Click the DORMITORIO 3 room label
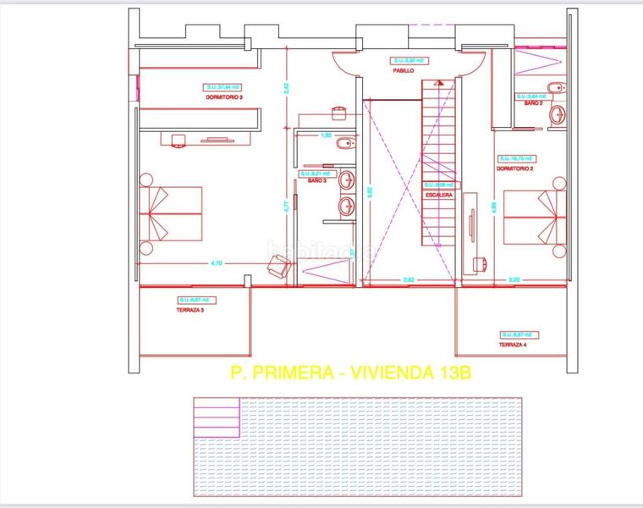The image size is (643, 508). (223, 97)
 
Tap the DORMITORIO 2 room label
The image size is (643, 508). (515, 168)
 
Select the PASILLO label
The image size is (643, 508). (403, 71)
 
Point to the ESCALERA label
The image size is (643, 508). (439, 195)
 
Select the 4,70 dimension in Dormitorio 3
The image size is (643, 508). (216, 264)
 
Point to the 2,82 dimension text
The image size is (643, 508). (409, 279)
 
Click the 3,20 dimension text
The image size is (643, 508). (514, 279)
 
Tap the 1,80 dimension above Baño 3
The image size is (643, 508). (325, 135)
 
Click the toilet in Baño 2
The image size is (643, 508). (553, 87)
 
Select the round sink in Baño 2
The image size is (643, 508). (558, 114)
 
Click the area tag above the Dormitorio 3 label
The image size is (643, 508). (223, 86)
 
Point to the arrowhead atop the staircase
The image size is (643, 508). (439, 82)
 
